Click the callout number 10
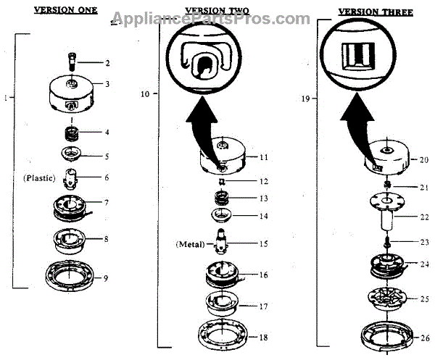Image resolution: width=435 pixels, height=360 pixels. pos(145,94)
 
